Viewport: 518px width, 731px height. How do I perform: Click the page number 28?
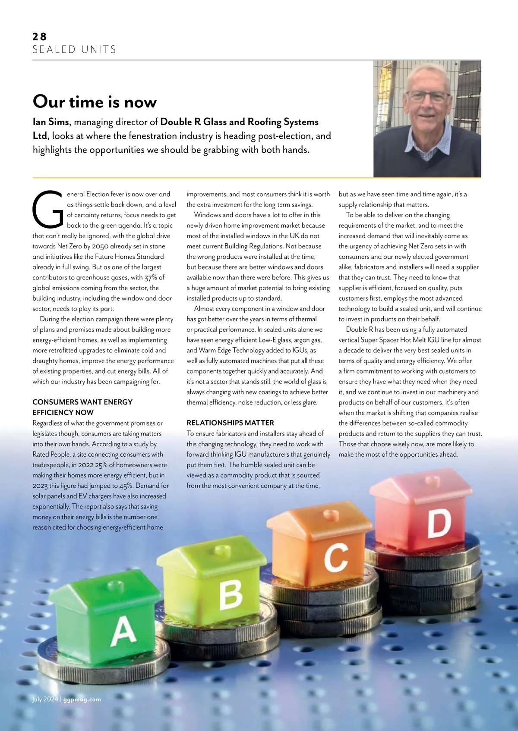39,37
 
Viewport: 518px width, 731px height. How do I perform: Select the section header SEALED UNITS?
74,50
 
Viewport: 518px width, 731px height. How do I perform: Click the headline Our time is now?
95,102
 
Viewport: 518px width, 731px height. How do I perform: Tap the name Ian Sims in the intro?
51,122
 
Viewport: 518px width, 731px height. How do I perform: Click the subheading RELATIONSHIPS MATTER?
230,423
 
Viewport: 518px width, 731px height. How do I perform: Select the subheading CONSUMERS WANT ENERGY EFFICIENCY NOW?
82,407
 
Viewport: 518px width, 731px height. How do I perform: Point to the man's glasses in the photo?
427,97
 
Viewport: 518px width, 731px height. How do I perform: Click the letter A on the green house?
123,631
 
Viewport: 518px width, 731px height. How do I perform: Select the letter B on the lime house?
231,595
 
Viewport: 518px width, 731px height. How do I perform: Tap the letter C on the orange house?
336,557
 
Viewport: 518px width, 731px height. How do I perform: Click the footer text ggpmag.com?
82,700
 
